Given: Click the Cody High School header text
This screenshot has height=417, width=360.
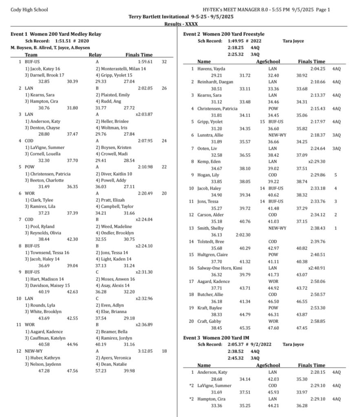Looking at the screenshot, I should coord(29,10).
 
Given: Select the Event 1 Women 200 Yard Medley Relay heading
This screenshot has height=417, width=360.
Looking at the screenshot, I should coord(56,34).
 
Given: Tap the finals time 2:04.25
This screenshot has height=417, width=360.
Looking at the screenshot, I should coord(318,68).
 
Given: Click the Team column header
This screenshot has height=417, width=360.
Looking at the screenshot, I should coord(31,55).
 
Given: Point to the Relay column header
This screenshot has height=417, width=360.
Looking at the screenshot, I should coord(95,55).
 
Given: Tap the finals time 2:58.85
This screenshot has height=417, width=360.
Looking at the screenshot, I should coord(318,321).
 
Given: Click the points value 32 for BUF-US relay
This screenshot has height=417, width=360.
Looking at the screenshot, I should coord(164,61).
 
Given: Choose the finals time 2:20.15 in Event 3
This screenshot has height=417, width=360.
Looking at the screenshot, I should coord(318,372).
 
